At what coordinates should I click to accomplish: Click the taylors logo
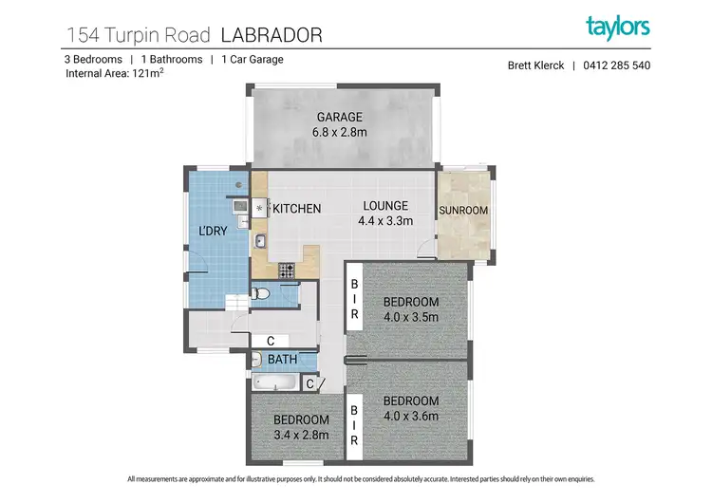618,28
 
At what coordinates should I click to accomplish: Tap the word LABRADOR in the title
272,35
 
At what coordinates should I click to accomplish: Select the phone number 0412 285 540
617,65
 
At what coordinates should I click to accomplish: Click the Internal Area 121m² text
115,73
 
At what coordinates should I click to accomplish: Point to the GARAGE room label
340,117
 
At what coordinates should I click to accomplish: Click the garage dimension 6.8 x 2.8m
340,132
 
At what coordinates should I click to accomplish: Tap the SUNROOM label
463,211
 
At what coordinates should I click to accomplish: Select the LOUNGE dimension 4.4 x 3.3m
385,221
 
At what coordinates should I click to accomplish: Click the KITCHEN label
297,209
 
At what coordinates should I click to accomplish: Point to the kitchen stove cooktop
287,270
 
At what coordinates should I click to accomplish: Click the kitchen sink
260,241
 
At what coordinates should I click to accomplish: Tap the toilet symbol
260,293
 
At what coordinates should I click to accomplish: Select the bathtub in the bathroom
275,382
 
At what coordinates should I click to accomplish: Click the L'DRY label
213,231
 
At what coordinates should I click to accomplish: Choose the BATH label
283,360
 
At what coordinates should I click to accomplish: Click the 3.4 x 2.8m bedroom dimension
302,435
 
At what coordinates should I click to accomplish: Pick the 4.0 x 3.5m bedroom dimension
411,317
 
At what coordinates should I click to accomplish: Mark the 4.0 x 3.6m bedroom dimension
411,416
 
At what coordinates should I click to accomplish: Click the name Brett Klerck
535,65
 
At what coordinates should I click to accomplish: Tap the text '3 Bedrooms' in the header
94,60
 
